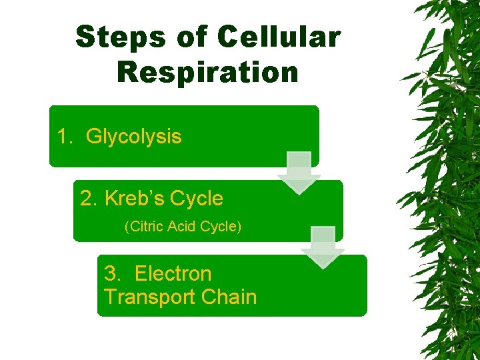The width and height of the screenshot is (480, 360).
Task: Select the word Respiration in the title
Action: click(207, 72)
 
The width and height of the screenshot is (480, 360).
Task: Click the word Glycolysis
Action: click(133, 137)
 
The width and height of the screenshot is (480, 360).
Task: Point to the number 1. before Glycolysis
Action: click(65, 137)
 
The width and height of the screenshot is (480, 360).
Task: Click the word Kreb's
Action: click(134, 198)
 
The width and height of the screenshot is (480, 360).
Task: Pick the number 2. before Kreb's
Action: click(89, 198)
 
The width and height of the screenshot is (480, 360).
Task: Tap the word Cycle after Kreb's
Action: click(197, 198)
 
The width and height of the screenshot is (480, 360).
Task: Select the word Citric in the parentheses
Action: click(144, 227)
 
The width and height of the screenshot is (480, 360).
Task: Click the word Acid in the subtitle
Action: click(181, 227)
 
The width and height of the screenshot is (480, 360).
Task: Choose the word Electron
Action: click(173, 273)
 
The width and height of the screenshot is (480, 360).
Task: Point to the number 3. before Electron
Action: click(113, 273)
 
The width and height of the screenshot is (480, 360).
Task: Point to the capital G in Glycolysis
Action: click(93, 137)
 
